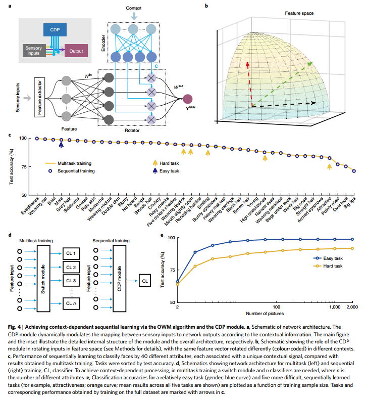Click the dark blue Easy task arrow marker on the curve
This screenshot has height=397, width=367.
[x=61, y=145]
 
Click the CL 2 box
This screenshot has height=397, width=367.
[x=71, y=267]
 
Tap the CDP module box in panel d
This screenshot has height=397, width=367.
[x=120, y=273]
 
